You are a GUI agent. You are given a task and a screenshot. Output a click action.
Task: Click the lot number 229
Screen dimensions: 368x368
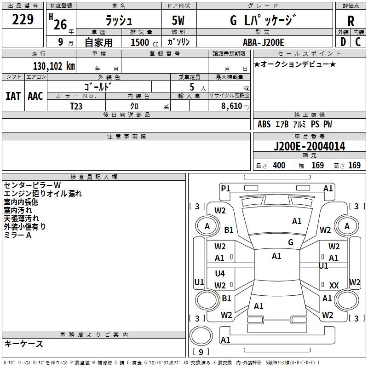pyautogui.click(x=23, y=20)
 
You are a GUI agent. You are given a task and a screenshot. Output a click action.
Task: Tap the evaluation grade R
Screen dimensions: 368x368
pyautogui.click(x=351, y=21)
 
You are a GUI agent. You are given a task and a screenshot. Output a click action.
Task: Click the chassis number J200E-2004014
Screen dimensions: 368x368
pyautogui.click(x=309, y=146)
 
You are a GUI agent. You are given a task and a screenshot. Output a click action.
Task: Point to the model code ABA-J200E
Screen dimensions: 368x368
pyautogui.click(x=263, y=42)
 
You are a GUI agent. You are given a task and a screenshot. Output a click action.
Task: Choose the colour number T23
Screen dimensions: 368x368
pyautogui.click(x=76, y=105)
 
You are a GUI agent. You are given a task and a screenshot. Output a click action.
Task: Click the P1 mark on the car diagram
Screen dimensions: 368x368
pyautogui.click(x=225, y=188)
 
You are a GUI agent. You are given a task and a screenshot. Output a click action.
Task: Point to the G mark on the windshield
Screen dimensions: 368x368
pyautogui.click(x=291, y=242)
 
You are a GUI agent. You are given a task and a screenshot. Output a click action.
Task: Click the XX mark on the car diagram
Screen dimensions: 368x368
pyautogui.click(x=334, y=286)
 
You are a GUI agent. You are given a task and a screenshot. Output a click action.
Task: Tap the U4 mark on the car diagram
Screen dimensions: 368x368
pyautogui.click(x=220, y=274)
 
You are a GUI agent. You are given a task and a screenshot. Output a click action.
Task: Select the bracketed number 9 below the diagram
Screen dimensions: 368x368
pyautogui.click(x=201, y=353)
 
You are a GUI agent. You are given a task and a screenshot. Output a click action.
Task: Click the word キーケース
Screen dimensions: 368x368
pyautogui.click(x=23, y=344)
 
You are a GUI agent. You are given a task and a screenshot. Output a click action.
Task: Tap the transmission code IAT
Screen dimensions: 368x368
pyautogui.click(x=13, y=96)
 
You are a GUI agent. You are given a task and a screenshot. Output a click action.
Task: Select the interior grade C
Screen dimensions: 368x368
pyautogui.click(x=358, y=42)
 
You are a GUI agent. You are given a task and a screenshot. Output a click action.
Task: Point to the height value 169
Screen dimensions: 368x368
pyautogui.click(x=354, y=166)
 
